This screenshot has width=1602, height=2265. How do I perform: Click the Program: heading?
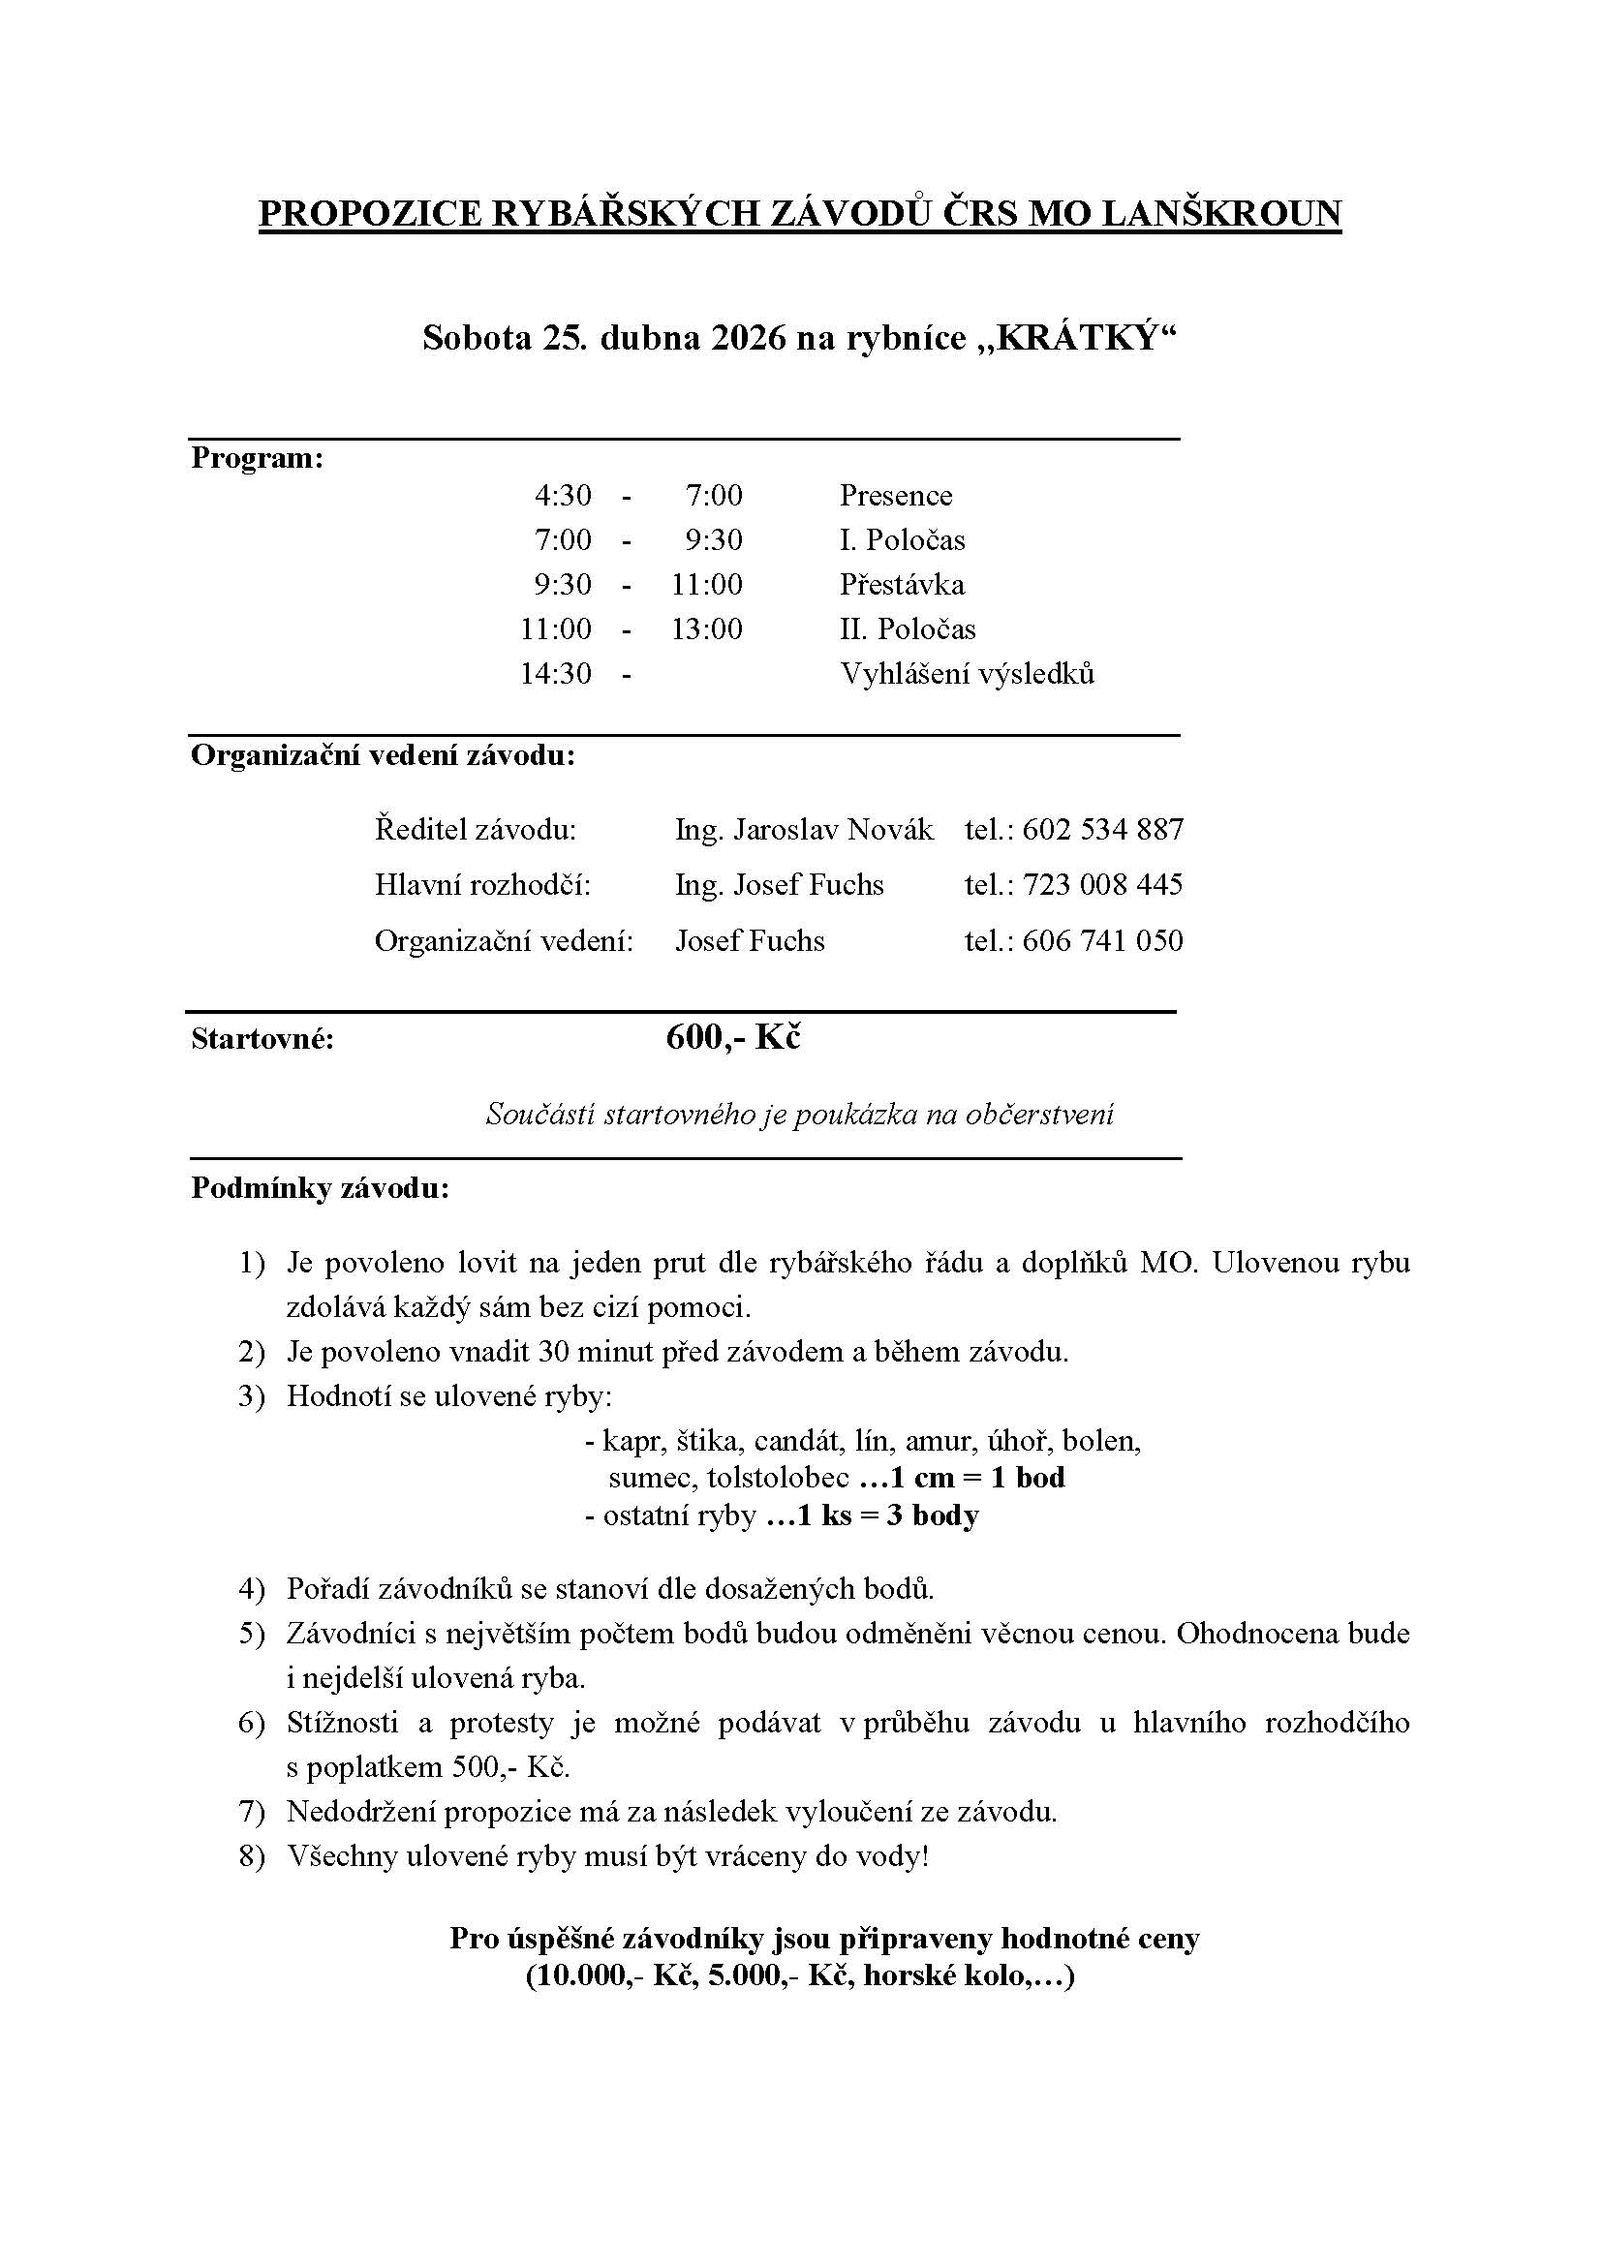(258, 459)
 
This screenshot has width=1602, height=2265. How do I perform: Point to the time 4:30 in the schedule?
(564, 495)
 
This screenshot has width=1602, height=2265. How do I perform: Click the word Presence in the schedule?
(896, 495)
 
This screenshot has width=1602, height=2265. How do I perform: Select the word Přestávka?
(902, 584)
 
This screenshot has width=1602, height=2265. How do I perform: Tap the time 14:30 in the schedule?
(556, 674)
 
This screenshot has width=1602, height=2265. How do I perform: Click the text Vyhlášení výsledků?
(967, 674)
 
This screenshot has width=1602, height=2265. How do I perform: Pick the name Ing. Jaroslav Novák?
(804, 830)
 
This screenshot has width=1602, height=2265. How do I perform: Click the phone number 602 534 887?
(1102, 830)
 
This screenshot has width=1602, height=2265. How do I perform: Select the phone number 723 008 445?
(1102, 885)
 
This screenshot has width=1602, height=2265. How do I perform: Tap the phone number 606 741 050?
(1102, 940)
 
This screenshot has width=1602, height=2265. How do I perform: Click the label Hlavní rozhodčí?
(482, 885)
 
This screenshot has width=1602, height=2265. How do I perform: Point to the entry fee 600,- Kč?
(733, 1038)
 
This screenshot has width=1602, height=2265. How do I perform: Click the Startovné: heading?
(262, 1040)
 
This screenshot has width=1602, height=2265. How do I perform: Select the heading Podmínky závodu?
(320, 1189)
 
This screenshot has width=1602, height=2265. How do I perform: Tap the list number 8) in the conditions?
(253, 1856)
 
